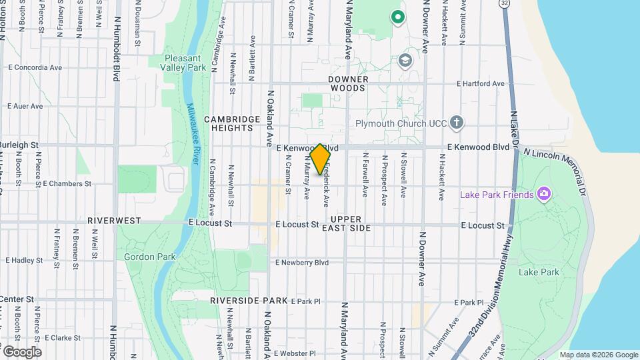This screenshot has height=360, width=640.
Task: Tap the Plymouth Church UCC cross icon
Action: point(456,122)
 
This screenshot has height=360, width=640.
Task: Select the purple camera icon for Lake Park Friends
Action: point(544,194)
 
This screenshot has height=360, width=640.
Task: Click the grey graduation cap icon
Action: point(404,61)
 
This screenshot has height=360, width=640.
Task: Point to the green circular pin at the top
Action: point(398,17)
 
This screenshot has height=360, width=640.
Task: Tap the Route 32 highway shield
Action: point(506,4)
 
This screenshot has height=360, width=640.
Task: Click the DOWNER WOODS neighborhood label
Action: point(347,83)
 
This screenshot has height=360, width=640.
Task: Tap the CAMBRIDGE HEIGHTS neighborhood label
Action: point(231,124)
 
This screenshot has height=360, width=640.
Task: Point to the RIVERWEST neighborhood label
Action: point(114,220)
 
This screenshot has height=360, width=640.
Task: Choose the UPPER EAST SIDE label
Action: point(346,223)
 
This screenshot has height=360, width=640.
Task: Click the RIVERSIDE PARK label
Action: point(248,301)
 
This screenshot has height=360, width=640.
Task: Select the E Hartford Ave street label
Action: point(480,83)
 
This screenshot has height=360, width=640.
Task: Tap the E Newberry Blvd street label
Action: point(302,263)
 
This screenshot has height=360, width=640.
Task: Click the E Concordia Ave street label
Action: point(35,67)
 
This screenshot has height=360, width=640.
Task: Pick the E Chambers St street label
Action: point(66,183)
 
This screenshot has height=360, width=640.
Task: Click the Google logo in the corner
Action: point(21,351)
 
